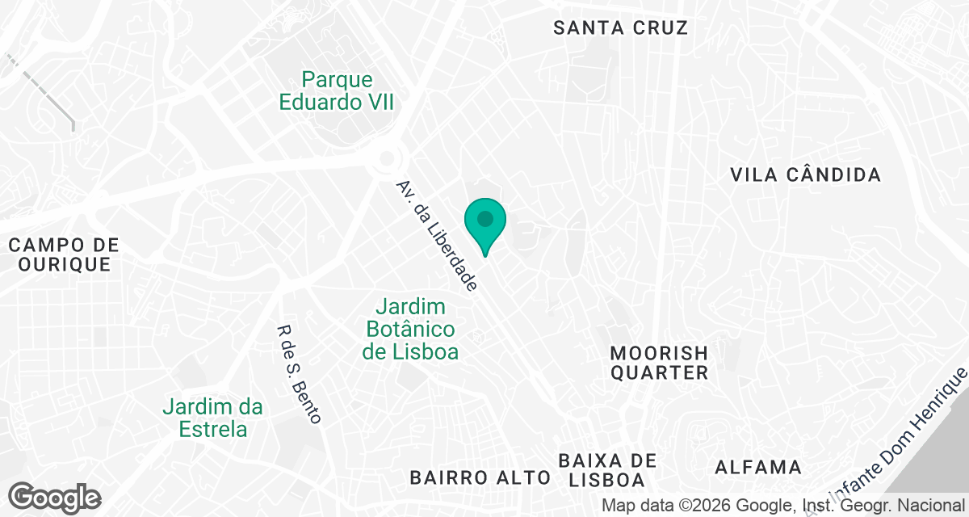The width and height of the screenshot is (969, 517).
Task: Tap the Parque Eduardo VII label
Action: [338, 90]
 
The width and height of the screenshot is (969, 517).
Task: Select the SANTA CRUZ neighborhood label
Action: [620, 27]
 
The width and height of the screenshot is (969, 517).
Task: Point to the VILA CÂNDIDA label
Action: [804, 174]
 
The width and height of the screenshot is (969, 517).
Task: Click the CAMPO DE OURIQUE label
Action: [65, 254]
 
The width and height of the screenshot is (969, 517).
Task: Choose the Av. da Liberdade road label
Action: [436, 235]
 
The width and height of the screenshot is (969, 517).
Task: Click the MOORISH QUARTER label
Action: [659, 363]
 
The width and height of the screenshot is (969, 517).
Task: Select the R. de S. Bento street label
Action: [299, 374]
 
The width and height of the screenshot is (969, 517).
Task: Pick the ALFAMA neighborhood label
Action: [758, 467]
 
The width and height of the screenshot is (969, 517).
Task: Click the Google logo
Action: [54, 497]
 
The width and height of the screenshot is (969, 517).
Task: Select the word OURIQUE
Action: [65, 265]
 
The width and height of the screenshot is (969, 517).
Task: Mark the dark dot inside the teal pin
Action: [485, 219]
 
